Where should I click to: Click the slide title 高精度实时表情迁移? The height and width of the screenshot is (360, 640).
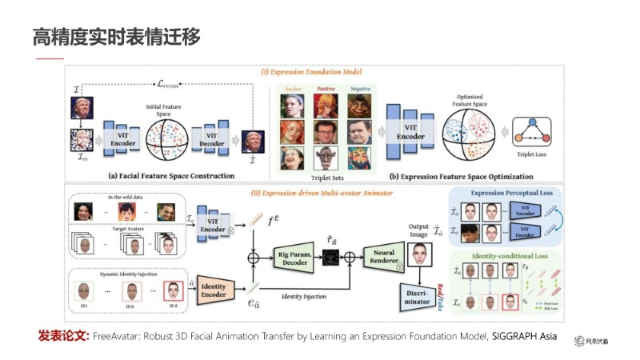click(x=116, y=36)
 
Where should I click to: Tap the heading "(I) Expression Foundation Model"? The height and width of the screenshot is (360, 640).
click(x=318, y=72)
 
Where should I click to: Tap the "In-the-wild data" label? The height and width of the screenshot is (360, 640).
click(x=126, y=196)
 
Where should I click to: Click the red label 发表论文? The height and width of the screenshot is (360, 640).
click(x=63, y=336)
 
